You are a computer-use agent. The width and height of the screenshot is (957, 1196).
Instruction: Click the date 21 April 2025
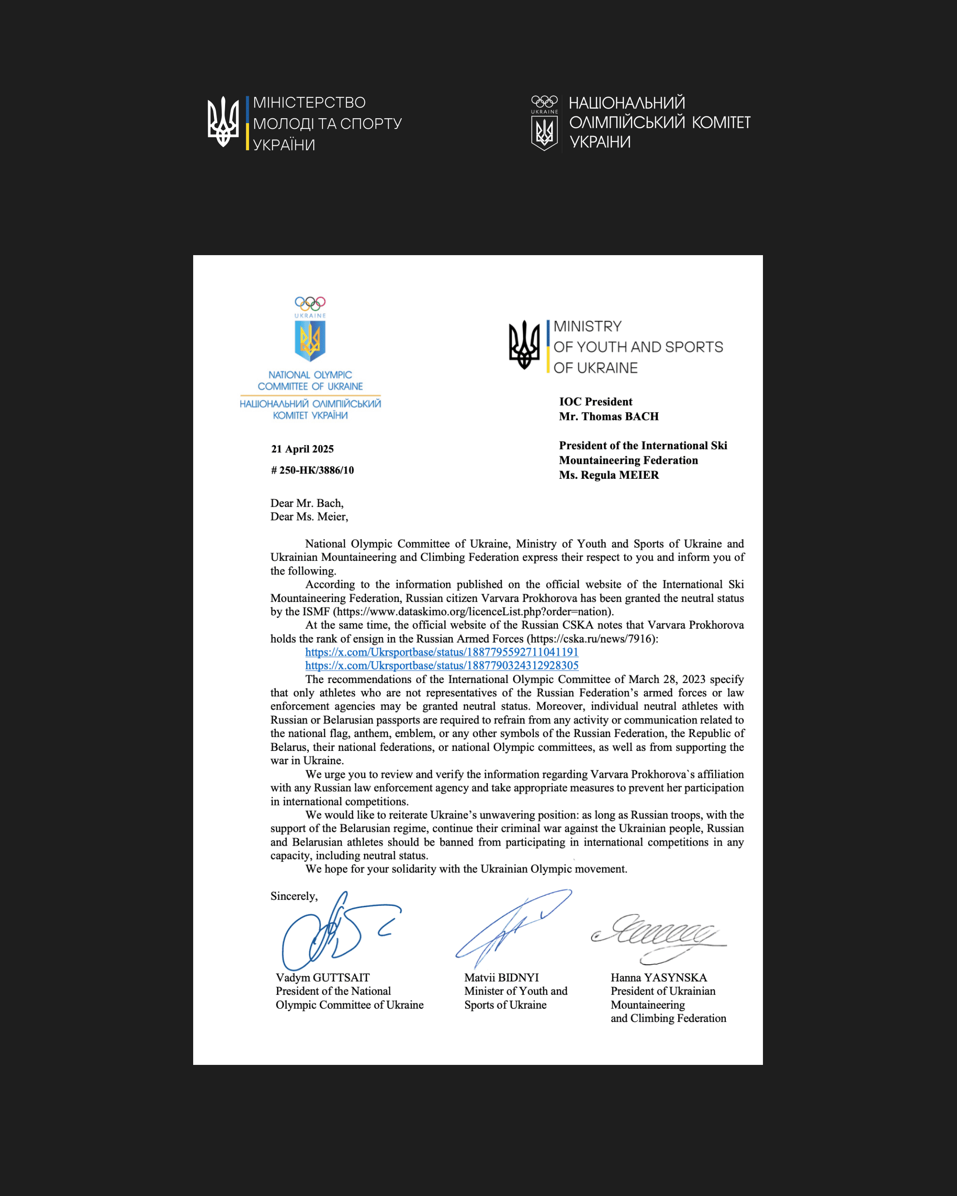coord(302,449)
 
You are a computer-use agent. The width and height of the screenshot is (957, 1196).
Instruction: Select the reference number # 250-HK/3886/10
coord(312,470)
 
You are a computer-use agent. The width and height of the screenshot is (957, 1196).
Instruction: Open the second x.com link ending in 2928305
coord(442,666)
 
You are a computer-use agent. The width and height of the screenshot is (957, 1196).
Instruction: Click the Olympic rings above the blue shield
coord(310,303)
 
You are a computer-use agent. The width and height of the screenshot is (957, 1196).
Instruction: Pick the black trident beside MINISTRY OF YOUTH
coord(524,345)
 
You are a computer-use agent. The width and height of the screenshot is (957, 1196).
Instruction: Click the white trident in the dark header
coord(223,122)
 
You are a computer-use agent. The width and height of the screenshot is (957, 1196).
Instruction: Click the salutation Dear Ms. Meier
coord(309,517)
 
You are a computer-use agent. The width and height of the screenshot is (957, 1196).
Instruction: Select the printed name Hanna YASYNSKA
coord(658,978)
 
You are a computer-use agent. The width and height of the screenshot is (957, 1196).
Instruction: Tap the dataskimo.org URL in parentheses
coord(473,612)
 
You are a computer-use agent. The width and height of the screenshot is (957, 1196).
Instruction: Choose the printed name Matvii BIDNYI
coord(502,978)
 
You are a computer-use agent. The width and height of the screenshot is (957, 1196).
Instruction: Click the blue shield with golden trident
coord(310,340)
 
